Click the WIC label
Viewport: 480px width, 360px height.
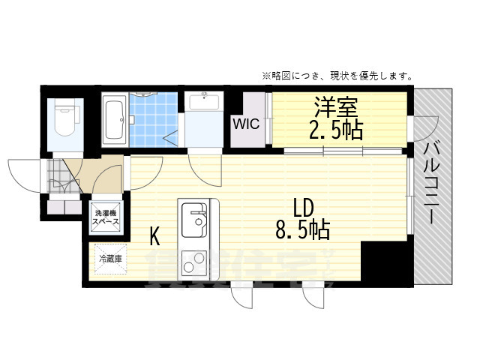pos(246,124)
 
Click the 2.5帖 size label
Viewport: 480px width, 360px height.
pos(336,130)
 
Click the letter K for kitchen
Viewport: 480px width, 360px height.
pos(154,237)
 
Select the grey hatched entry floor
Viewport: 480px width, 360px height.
pos(58,178)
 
